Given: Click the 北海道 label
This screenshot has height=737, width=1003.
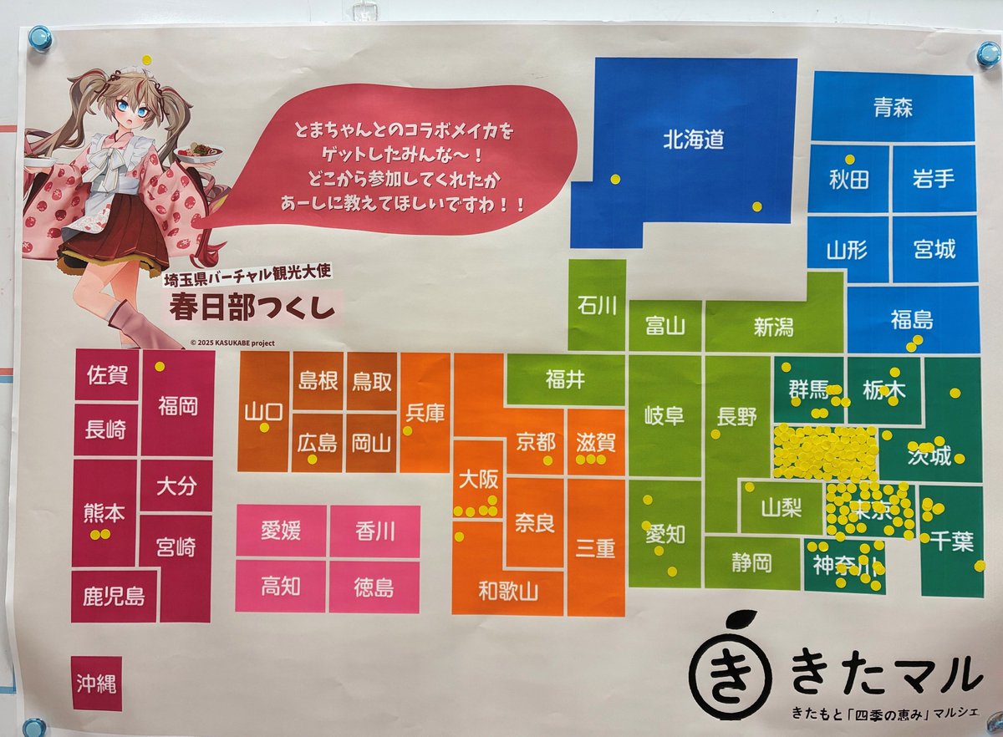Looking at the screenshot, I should click(x=694, y=140).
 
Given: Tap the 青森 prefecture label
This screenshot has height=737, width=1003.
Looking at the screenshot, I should click(x=893, y=108).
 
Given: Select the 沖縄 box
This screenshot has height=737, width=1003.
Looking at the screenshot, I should click(x=96, y=684).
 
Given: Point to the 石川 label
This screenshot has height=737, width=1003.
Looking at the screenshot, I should click(x=597, y=306).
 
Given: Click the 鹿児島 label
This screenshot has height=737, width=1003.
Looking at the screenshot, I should click(x=114, y=597).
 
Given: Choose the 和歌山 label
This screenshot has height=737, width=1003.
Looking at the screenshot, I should click(x=508, y=592).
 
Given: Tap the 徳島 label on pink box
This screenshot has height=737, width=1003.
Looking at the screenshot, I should click(x=374, y=587).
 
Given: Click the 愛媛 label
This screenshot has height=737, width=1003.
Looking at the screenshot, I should click(x=281, y=531).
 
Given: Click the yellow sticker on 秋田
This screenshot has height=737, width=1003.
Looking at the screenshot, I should click(x=849, y=159).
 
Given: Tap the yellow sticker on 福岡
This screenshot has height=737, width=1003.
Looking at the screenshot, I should click(x=160, y=366).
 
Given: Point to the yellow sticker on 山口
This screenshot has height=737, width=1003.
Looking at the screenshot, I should click(x=264, y=428).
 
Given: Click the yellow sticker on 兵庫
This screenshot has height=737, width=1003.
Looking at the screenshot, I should click(x=408, y=431).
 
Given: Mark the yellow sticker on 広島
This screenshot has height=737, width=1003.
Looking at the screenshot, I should click(x=313, y=459).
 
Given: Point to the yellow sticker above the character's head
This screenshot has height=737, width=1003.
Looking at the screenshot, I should click(x=147, y=59).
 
